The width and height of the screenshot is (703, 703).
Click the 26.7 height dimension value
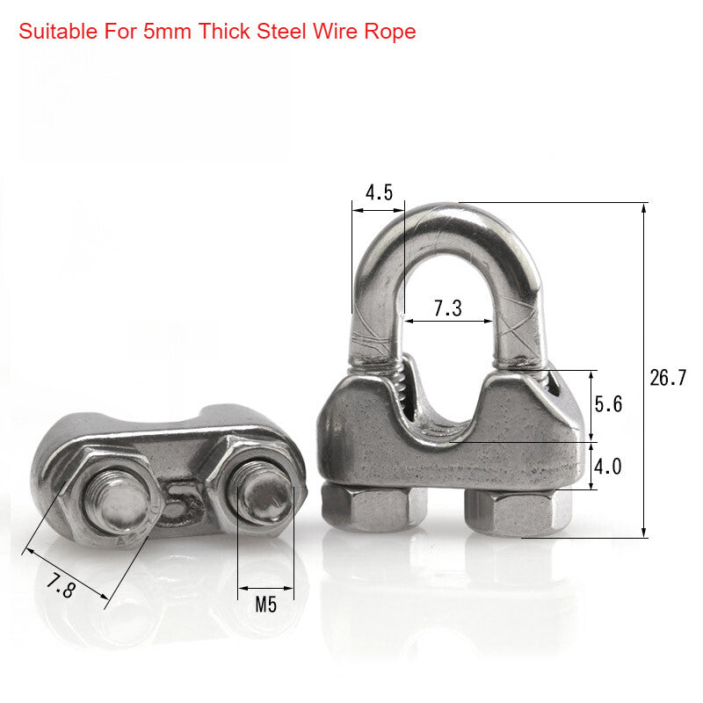668,378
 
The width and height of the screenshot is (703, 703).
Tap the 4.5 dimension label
379,192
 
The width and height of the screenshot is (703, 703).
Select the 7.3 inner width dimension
447,308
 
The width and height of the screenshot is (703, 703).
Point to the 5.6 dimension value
608,404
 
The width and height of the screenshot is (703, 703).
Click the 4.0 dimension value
608,467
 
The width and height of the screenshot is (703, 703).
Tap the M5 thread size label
265,605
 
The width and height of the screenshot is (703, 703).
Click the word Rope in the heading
392,33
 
